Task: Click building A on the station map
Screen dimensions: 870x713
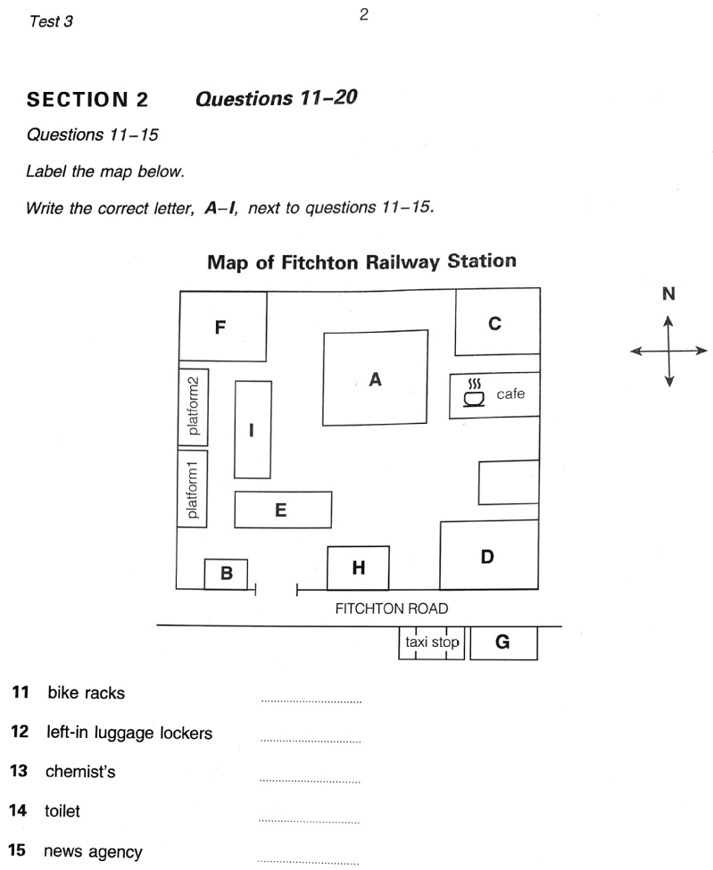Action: pyautogui.click(x=375, y=378)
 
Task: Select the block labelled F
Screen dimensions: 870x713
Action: pyautogui.click(x=222, y=327)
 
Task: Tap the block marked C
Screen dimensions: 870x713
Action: pyautogui.click(x=497, y=322)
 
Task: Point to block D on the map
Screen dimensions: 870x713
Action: pyautogui.click(x=489, y=555)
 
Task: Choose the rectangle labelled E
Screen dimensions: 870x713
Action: pyautogui.click(x=282, y=510)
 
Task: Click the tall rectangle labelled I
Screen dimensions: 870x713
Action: pyautogui.click(x=253, y=430)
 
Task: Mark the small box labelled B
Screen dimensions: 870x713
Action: pyautogui.click(x=226, y=574)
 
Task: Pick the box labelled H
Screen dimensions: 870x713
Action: pyautogui.click(x=358, y=568)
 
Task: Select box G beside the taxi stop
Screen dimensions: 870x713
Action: pyautogui.click(x=503, y=642)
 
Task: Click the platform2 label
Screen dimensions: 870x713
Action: pyautogui.click(x=194, y=406)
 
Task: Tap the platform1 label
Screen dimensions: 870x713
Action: pyautogui.click(x=194, y=488)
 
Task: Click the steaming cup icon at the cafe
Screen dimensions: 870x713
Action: pyautogui.click(x=474, y=394)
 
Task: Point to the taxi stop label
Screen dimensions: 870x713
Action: pyautogui.click(x=432, y=642)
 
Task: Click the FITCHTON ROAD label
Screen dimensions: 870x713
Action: pyautogui.click(x=391, y=609)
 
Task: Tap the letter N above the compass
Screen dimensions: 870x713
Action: pyautogui.click(x=668, y=294)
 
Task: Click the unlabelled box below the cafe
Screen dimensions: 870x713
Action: pyautogui.click(x=509, y=483)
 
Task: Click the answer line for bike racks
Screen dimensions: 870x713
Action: pyautogui.click(x=311, y=701)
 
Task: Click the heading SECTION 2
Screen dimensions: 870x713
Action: pyautogui.click(x=87, y=98)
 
